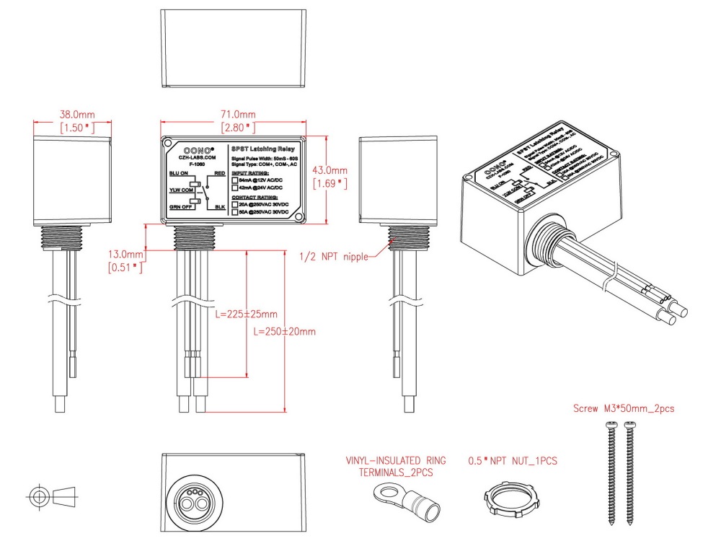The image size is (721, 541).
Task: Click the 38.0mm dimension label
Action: (x=76, y=115)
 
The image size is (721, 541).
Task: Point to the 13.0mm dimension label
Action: (x=125, y=255)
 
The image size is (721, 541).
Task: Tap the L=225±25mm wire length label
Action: (x=247, y=315)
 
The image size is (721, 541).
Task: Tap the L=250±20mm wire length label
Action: (x=285, y=332)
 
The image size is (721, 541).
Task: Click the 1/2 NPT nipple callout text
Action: (x=334, y=255)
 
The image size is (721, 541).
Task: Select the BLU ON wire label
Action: (x=178, y=174)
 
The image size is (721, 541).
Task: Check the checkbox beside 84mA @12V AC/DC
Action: (x=235, y=180)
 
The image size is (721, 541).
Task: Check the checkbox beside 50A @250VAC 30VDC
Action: (x=235, y=212)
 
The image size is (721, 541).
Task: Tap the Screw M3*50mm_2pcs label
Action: (x=624, y=408)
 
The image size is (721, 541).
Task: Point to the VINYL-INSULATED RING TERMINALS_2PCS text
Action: (x=396, y=467)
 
